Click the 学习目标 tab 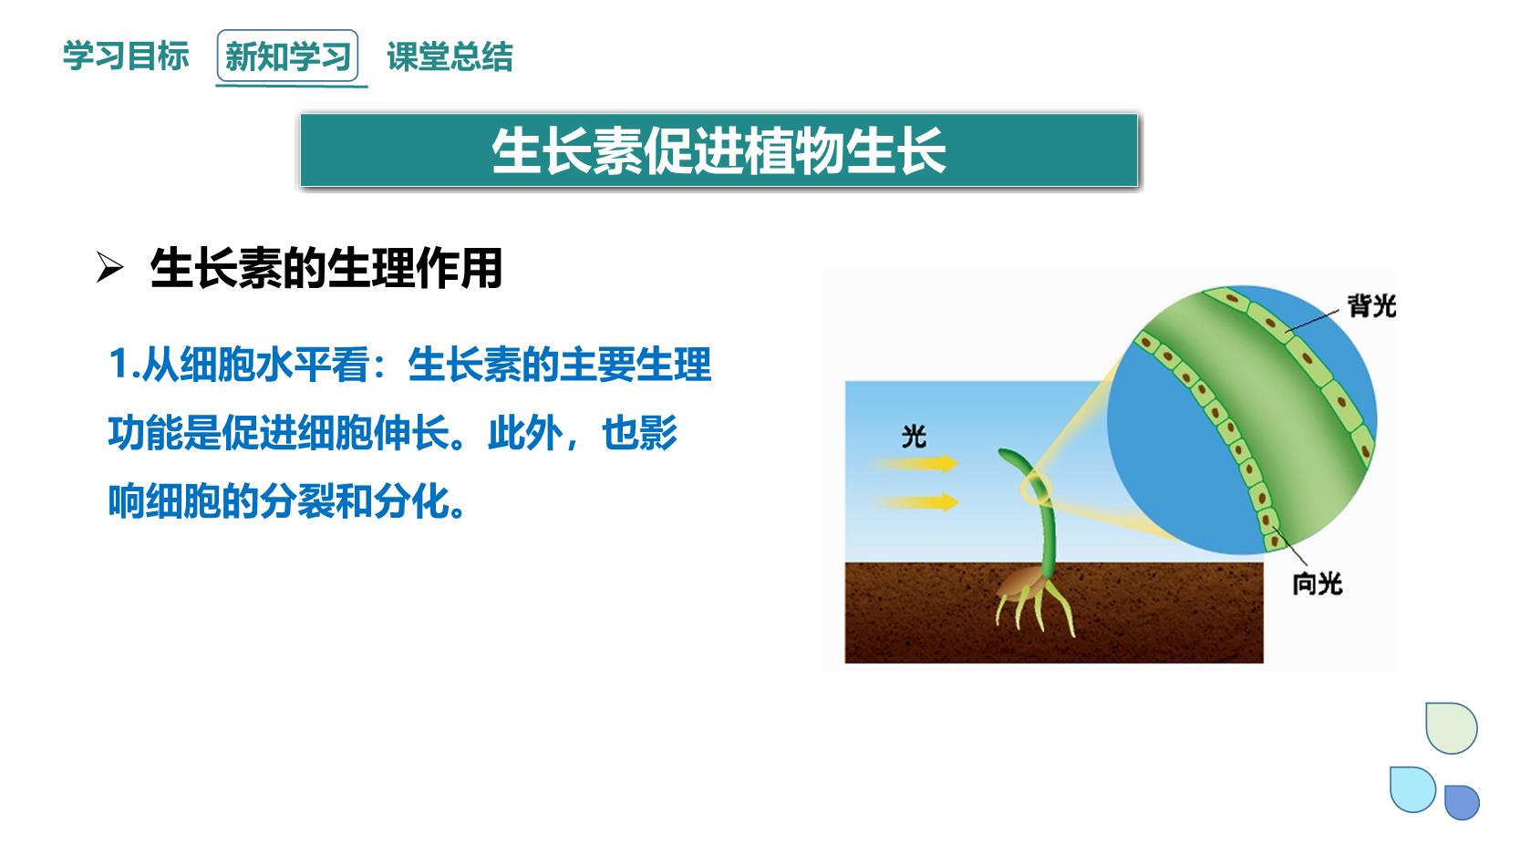pyautogui.click(x=126, y=56)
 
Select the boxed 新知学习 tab pyautogui.click(x=287, y=56)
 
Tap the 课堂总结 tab pyautogui.click(x=450, y=57)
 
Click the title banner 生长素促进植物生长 pyautogui.click(x=719, y=150)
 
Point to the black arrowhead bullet pyautogui.click(x=109, y=267)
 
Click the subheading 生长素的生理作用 pyautogui.click(x=326, y=268)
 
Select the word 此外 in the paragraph pyautogui.click(x=525, y=432)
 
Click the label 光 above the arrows pyautogui.click(x=914, y=437)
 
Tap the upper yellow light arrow pyautogui.click(x=916, y=463)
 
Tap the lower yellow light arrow pyautogui.click(x=916, y=502)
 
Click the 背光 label pyautogui.click(x=1371, y=306)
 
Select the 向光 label pyautogui.click(x=1317, y=583)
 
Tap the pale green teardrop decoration pyautogui.click(x=1451, y=727)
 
